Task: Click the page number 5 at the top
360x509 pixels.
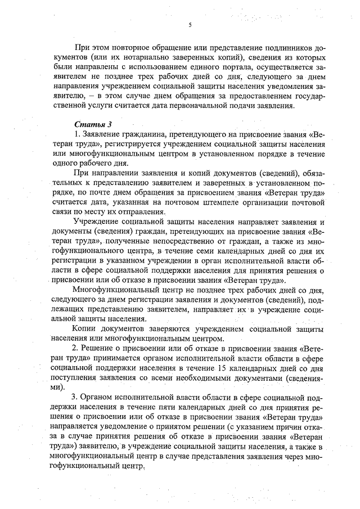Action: click(190, 25)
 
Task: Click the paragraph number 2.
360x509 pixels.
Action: click(77, 349)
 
